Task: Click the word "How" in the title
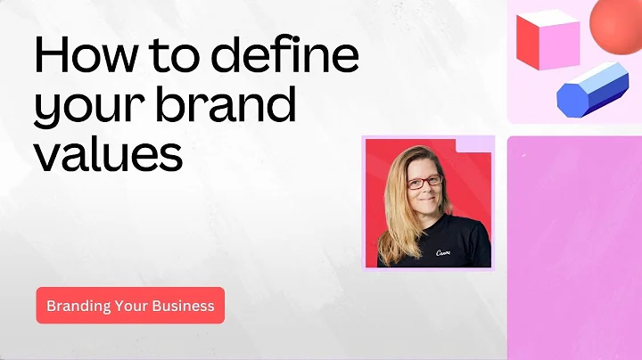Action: [x=79, y=57]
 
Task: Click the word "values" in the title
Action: [x=108, y=153]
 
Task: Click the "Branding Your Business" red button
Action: [x=130, y=306]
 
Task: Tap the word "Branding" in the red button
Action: [x=78, y=306]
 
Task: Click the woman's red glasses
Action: [x=424, y=182]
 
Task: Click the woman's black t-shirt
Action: [x=455, y=250]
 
